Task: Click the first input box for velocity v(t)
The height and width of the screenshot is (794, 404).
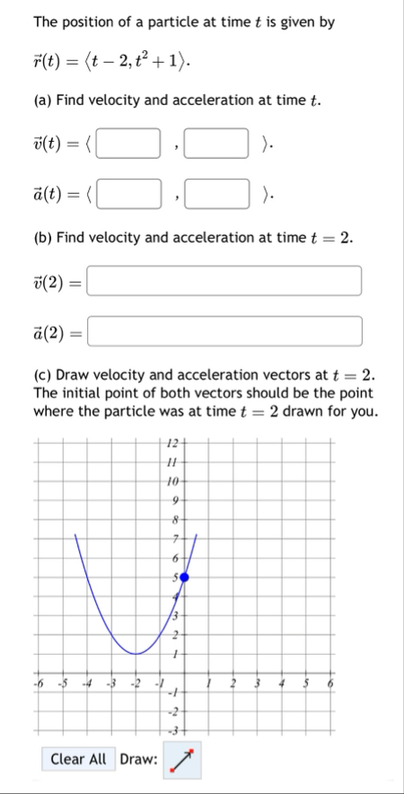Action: [128, 143]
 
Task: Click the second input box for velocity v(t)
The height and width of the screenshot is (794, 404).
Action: [215, 143]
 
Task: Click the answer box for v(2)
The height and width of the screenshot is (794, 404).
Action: [224, 281]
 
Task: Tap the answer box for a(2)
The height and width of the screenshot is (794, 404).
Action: [224, 331]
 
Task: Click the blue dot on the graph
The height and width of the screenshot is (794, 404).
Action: [184, 577]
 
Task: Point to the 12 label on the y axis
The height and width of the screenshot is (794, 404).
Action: [174, 443]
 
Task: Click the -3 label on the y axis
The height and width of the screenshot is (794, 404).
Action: [175, 726]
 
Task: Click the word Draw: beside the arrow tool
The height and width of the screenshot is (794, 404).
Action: [137, 760]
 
